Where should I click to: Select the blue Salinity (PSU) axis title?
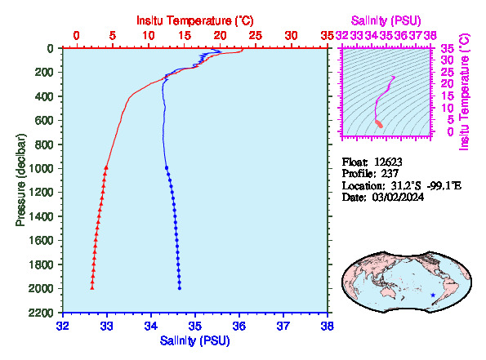tap(195, 340)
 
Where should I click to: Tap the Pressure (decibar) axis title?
tap(20, 180)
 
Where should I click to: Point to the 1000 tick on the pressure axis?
tap(41, 168)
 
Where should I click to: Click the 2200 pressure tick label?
tap(41, 313)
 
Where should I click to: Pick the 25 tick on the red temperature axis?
tap(256, 36)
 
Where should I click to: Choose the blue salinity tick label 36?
tap(239, 326)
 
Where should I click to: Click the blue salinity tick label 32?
tap(63, 326)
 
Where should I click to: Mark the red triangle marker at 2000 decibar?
tap(92, 288)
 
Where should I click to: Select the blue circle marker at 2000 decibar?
tap(180, 288)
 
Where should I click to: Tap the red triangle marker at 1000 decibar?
tap(106, 167)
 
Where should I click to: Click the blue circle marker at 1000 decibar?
tap(167, 168)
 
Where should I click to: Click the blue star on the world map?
tap(433, 296)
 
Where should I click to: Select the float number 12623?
tap(388, 162)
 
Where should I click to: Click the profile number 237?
tap(390, 174)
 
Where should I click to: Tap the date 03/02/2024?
tap(398, 197)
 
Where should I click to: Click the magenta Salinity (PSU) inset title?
tap(386, 20)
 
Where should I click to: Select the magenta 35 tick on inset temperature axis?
tap(448, 48)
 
